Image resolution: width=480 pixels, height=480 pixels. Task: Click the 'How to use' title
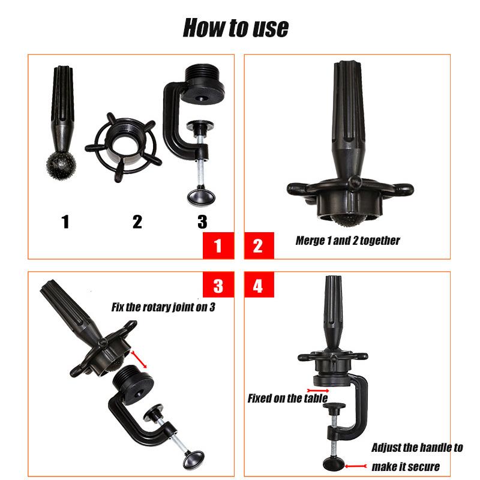click(236, 27)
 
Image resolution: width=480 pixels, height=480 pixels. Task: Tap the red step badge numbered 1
click(218, 246)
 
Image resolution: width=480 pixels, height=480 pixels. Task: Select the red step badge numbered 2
click(259, 246)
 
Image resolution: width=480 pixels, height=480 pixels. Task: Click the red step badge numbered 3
click(218, 286)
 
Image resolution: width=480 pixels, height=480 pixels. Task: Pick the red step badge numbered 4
click(259, 286)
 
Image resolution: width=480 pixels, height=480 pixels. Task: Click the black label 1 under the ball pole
click(65, 222)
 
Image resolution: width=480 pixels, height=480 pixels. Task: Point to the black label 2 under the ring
click(137, 222)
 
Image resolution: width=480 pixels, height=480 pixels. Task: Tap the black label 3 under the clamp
click(202, 222)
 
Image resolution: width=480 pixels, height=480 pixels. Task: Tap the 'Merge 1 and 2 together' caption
click(347, 241)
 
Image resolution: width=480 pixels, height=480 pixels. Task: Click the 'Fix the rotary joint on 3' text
click(163, 307)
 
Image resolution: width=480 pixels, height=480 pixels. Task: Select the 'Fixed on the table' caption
click(287, 398)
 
